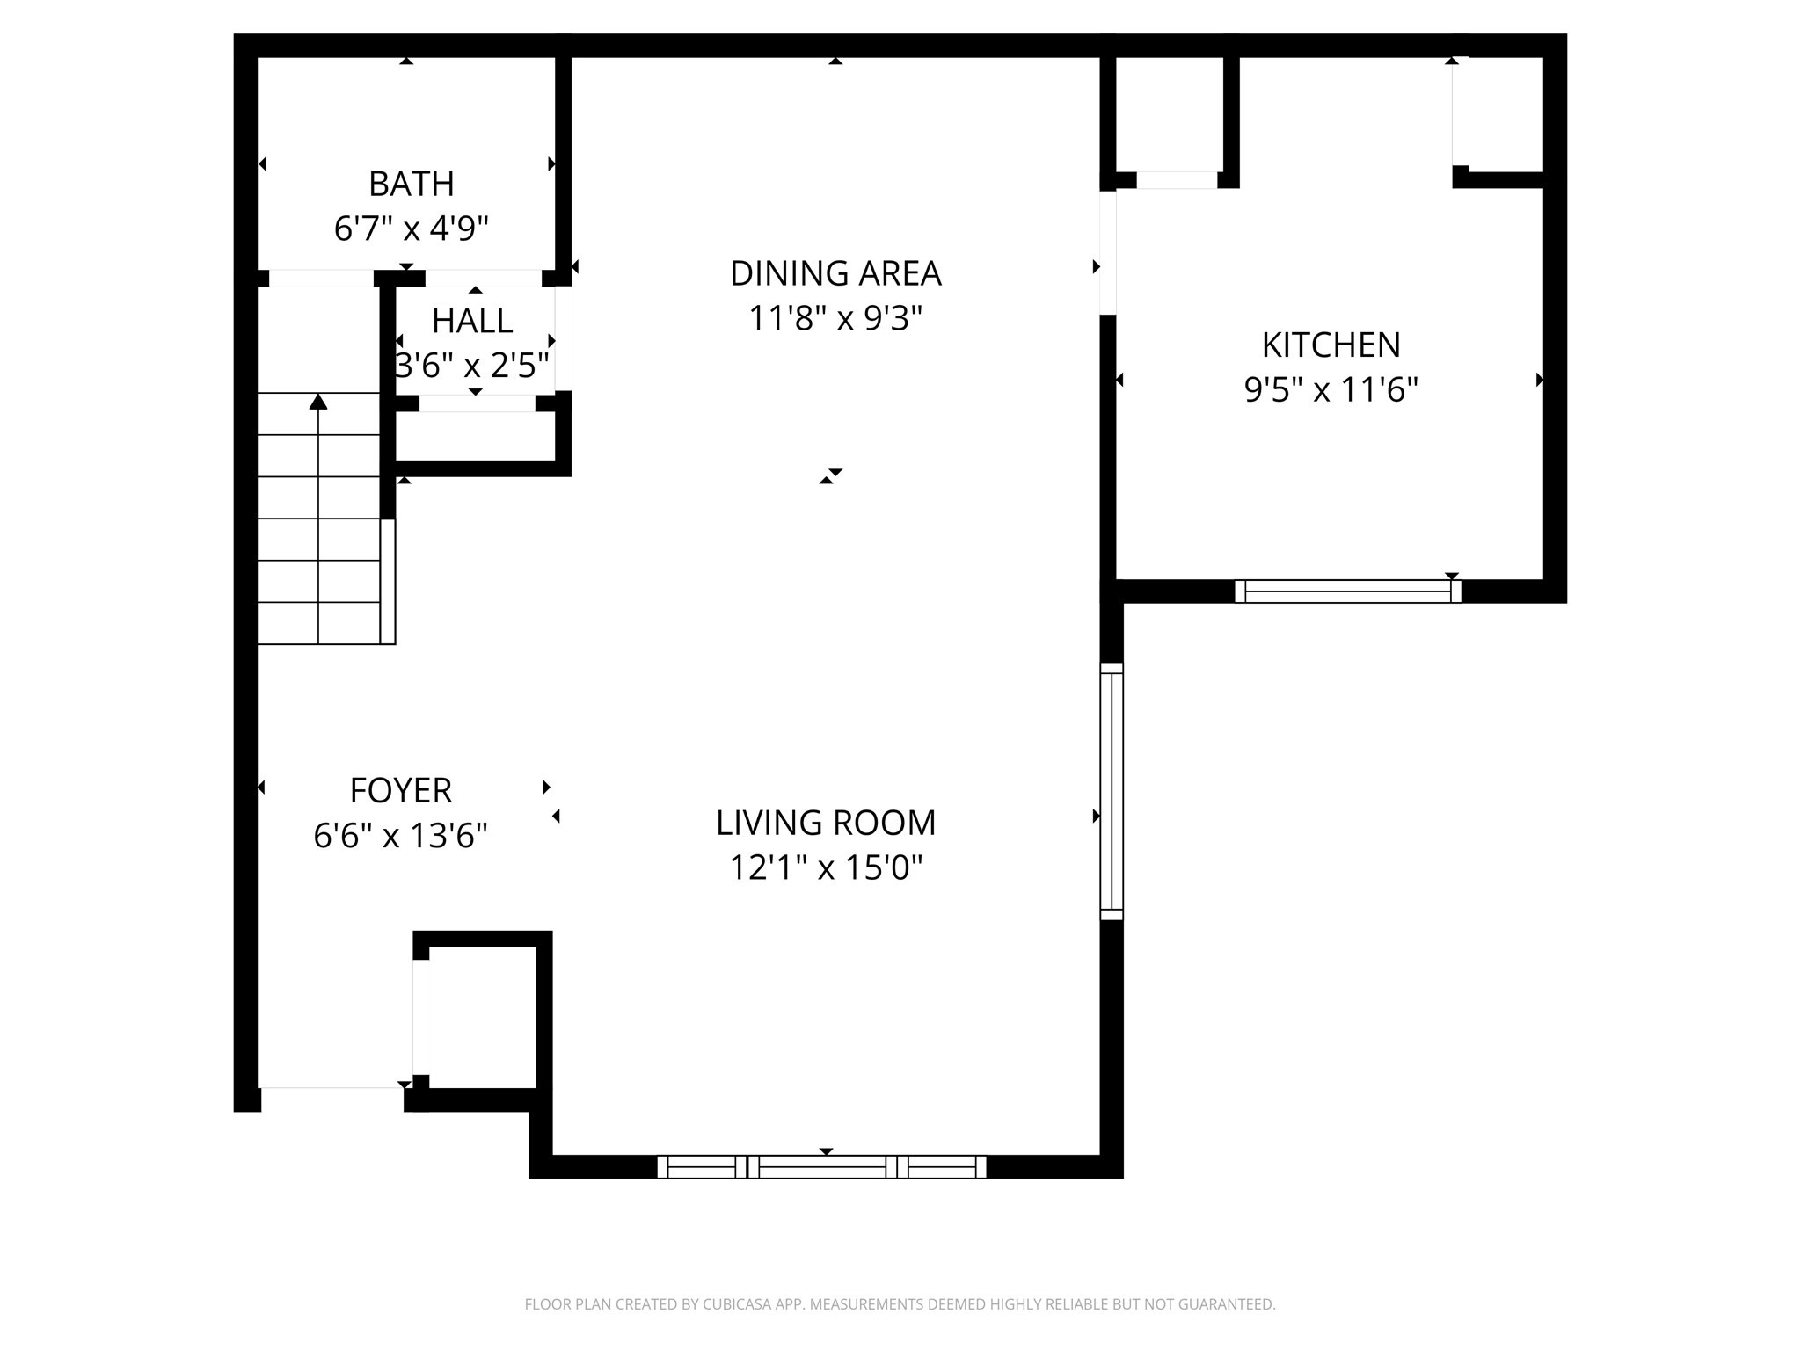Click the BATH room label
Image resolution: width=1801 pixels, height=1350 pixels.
pyautogui.click(x=411, y=184)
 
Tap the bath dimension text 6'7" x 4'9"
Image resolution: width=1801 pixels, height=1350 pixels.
pyautogui.click(x=411, y=229)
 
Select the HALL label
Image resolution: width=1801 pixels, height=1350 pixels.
pyautogui.click(x=472, y=321)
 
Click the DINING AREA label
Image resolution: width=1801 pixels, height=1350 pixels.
pyautogui.click(x=835, y=273)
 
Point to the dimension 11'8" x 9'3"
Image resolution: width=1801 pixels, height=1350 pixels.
pyautogui.click(x=835, y=318)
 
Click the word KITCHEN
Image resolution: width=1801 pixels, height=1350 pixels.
pyautogui.click(x=1331, y=345)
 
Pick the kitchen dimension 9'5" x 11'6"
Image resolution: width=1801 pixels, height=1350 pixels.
pyautogui.click(x=1331, y=389)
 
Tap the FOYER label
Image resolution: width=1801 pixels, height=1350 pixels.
pyautogui.click(x=401, y=790)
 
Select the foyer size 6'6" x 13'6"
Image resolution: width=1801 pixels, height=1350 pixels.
pyautogui.click(x=401, y=835)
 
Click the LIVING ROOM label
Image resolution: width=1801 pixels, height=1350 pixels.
pyautogui.click(x=826, y=823)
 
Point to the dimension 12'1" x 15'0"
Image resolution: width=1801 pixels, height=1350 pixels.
pyautogui.click(x=826, y=868)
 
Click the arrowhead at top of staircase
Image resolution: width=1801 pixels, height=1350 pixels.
pyautogui.click(x=318, y=402)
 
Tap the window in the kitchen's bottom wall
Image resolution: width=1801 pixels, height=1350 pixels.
pyautogui.click(x=1348, y=592)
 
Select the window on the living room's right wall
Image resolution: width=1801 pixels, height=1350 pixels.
pyautogui.click(x=1112, y=791)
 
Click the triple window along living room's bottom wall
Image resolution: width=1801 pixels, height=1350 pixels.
pyautogui.click(x=821, y=1167)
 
